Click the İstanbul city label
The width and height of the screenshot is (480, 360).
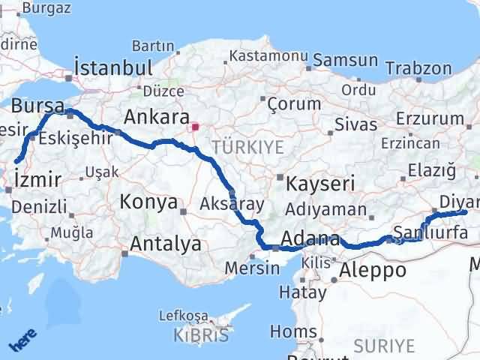click(x=115, y=66)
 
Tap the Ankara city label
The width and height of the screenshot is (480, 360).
click(x=156, y=117)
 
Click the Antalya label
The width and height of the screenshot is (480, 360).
click(x=166, y=244)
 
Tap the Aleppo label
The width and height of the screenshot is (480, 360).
click(x=373, y=271)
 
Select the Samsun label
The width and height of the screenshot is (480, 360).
click(x=346, y=60)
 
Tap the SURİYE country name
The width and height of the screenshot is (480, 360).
click(x=383, y=346)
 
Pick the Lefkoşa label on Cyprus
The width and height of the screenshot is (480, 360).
click(x=190, y=316)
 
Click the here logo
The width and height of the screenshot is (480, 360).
click(x=22, y=341)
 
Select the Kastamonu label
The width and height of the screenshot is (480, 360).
click(x=268, y=56)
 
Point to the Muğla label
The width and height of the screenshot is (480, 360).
click(x=72, y=232)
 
